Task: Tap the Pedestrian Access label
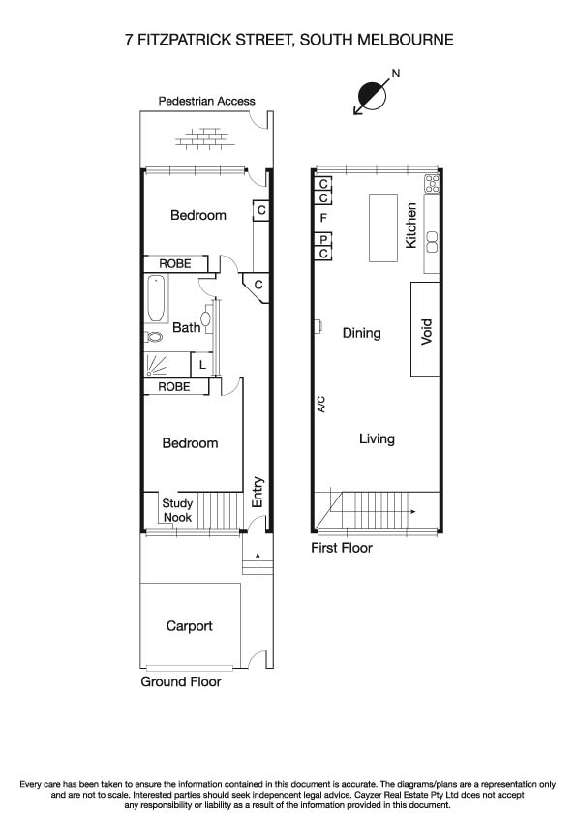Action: click(x=206, y=101)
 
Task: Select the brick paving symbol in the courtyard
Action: click(x=204, y=141)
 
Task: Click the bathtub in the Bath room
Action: click(x=156, y=299)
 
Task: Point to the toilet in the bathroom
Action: click(x=155, y=338)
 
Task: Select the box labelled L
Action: click(x=201, y=365)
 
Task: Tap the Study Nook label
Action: click(x=177, y=510)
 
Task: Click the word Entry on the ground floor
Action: click(x=258, y=492)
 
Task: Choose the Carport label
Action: click(x=189, y=626)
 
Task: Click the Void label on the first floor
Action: click(x=426, y=332)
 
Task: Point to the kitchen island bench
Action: click(x=382, y=227)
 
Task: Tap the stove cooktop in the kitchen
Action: click(x=432, y=183)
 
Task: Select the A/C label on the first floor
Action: click(x=322, y=406)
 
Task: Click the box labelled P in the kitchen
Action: click(x=323, y=239)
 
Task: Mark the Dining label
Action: click(x=362, y=333)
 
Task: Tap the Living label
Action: click(x=377, y=438)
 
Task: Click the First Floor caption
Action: click(x=341, y=548)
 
